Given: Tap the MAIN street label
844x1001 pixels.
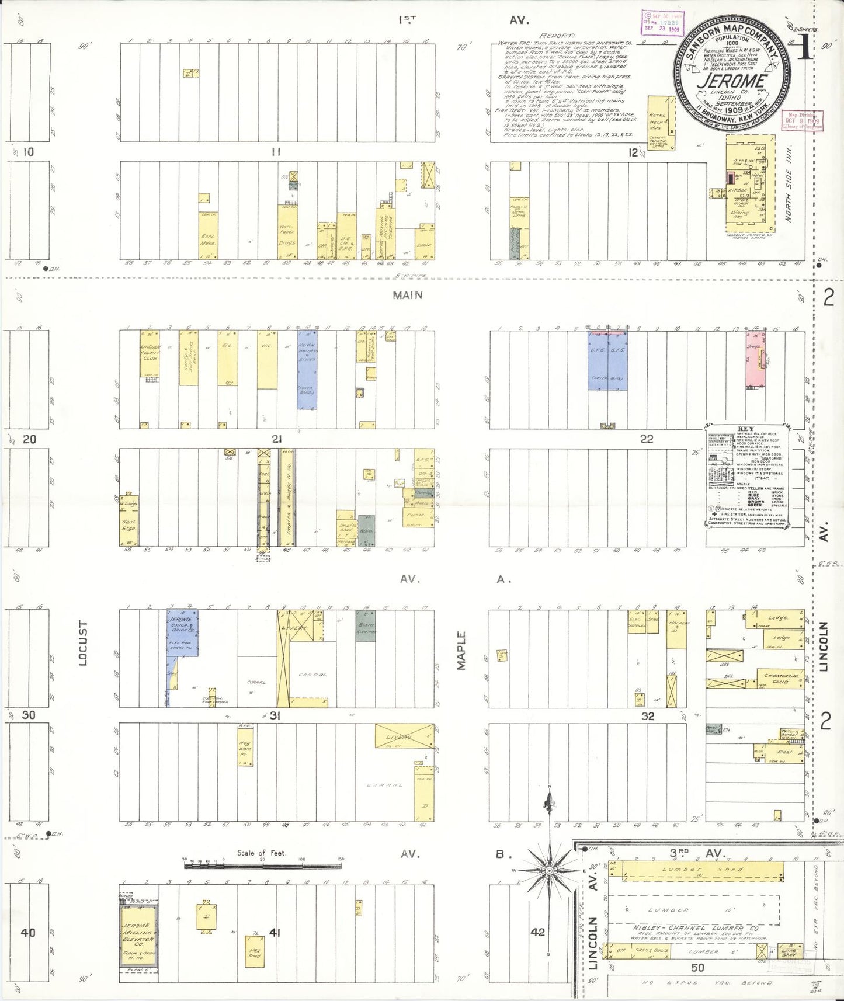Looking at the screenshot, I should pyautogui.click(x=407, y=296).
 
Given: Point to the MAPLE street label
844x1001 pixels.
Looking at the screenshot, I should pyautogui.click(x=461, y=650).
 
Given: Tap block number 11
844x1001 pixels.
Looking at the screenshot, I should pyautogui.click(x=276, y=152).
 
